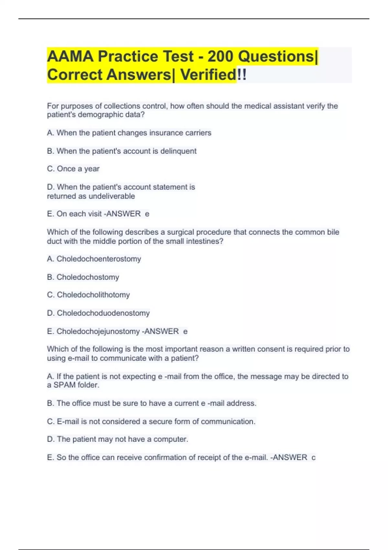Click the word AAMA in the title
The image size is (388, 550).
pos(70,57)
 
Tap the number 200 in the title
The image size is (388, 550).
pos(220,57)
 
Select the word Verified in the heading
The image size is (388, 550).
pos(208,75)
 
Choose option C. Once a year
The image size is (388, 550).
pos(73,169)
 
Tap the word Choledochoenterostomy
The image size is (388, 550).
pos(99,259)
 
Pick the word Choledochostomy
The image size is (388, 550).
pos(88,277)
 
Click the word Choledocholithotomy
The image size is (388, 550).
pos(93,295)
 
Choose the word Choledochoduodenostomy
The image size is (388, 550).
pos(103,313)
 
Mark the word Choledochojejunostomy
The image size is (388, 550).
pos(98,331)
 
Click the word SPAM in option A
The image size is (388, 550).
pos(65,385)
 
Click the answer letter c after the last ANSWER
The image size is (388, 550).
pos(313,457)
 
